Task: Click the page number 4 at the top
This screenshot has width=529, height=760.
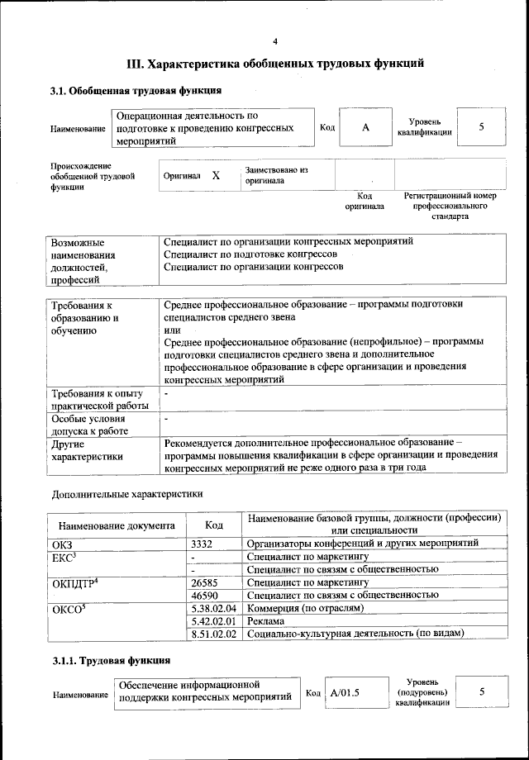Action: coord(276,42)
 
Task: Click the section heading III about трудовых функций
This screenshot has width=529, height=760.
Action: coord(275,63)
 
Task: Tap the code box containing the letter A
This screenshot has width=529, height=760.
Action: coord(365,127)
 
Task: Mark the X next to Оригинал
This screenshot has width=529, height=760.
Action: coord(216,176)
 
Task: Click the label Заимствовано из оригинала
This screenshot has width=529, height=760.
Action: coord(276,174)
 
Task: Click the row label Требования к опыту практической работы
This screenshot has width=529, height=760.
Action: coord(98,399)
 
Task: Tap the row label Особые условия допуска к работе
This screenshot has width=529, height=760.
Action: coord(92,425)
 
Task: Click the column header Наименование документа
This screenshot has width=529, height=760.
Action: coord(117,525)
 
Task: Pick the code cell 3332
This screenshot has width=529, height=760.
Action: coord(203,543)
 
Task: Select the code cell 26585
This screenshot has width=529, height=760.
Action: coord(204,582)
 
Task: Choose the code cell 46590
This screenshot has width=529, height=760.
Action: coord(204,595)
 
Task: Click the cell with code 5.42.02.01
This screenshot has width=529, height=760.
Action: coord(213,620)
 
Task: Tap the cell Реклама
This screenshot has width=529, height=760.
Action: coord(266,620)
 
